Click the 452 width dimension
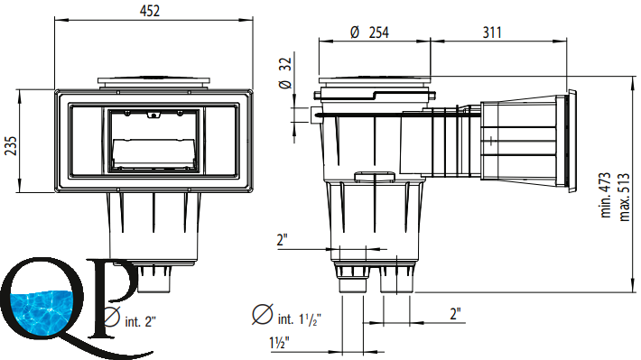[150, 11]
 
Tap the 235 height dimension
[11, 146]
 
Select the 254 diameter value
[379, 32]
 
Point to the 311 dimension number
[492, 32]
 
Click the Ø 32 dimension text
[285, 73]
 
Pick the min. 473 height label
[606, 195]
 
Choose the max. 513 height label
[624, 198]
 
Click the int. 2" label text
[140, 321]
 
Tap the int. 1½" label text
[299, 318]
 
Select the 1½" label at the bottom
[280, 343]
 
